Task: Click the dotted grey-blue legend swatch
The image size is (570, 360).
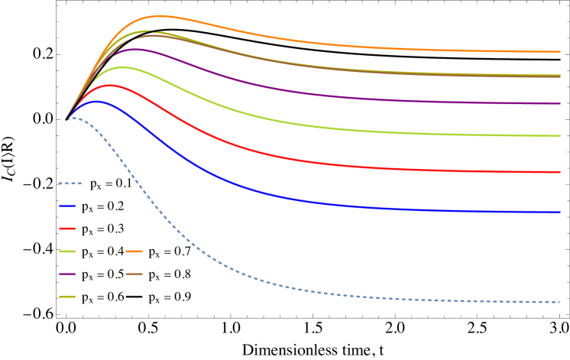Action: click(x=70, y=183)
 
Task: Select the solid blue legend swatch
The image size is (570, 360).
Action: click(x=67, y=206)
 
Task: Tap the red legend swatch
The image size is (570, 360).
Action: click(x=67, y=229)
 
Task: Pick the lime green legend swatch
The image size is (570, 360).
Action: click(x=67, y=251)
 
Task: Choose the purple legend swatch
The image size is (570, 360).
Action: click(x=67, y=274)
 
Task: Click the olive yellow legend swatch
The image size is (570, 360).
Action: click(x=67, y=297)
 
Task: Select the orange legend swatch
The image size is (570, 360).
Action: click(x=134, y=251)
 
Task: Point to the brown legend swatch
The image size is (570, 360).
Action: click(x=134, y=274)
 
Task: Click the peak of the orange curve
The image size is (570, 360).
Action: click(x=160, y=16)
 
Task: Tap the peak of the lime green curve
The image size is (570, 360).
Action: click(x=122, y=67)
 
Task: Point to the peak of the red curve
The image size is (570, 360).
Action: click(x=111, y=86)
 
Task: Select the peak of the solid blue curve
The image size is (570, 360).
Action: click(x=98, y=101)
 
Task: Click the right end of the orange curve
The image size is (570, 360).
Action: click(x=560, y=52)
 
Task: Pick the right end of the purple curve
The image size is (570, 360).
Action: click(x=560, y=103)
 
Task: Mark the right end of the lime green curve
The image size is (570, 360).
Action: click(x=560, y=136)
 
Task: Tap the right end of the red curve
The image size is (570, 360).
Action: click(x=560, y=172)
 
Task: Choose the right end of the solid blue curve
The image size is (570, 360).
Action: click(x=560, y=212)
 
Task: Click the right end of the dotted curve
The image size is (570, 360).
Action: click(x=560, y=302)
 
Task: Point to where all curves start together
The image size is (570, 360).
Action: click(x=66, y=120)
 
